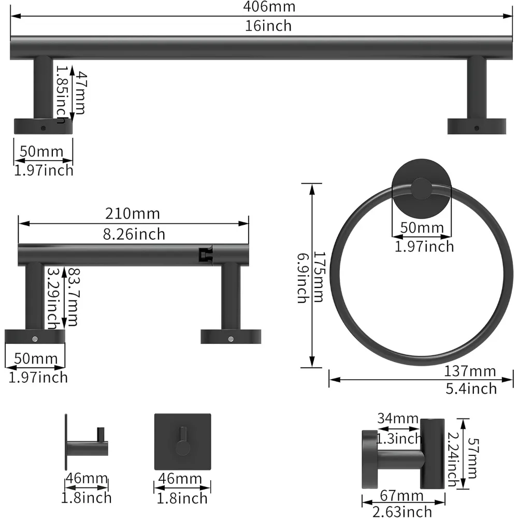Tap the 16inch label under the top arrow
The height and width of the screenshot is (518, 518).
(x=268, y=25)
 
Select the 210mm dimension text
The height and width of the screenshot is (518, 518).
(x=133, y=213)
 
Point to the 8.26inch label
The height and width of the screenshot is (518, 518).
(x=133, y=234)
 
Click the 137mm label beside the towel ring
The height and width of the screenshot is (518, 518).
(x=470, y=371)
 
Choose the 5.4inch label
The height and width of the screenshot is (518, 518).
(x=471, y=388)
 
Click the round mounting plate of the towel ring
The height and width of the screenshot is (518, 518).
(x=421, y=190)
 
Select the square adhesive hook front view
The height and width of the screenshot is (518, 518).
(x=182, y=441)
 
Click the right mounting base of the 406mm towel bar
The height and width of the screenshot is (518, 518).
(x=477, y=126)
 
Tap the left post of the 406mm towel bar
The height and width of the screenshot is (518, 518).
(x=44, y=88)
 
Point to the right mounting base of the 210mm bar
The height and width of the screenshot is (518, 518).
(x=231, y=336)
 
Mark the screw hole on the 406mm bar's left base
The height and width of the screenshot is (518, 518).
(x=44, y=127)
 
